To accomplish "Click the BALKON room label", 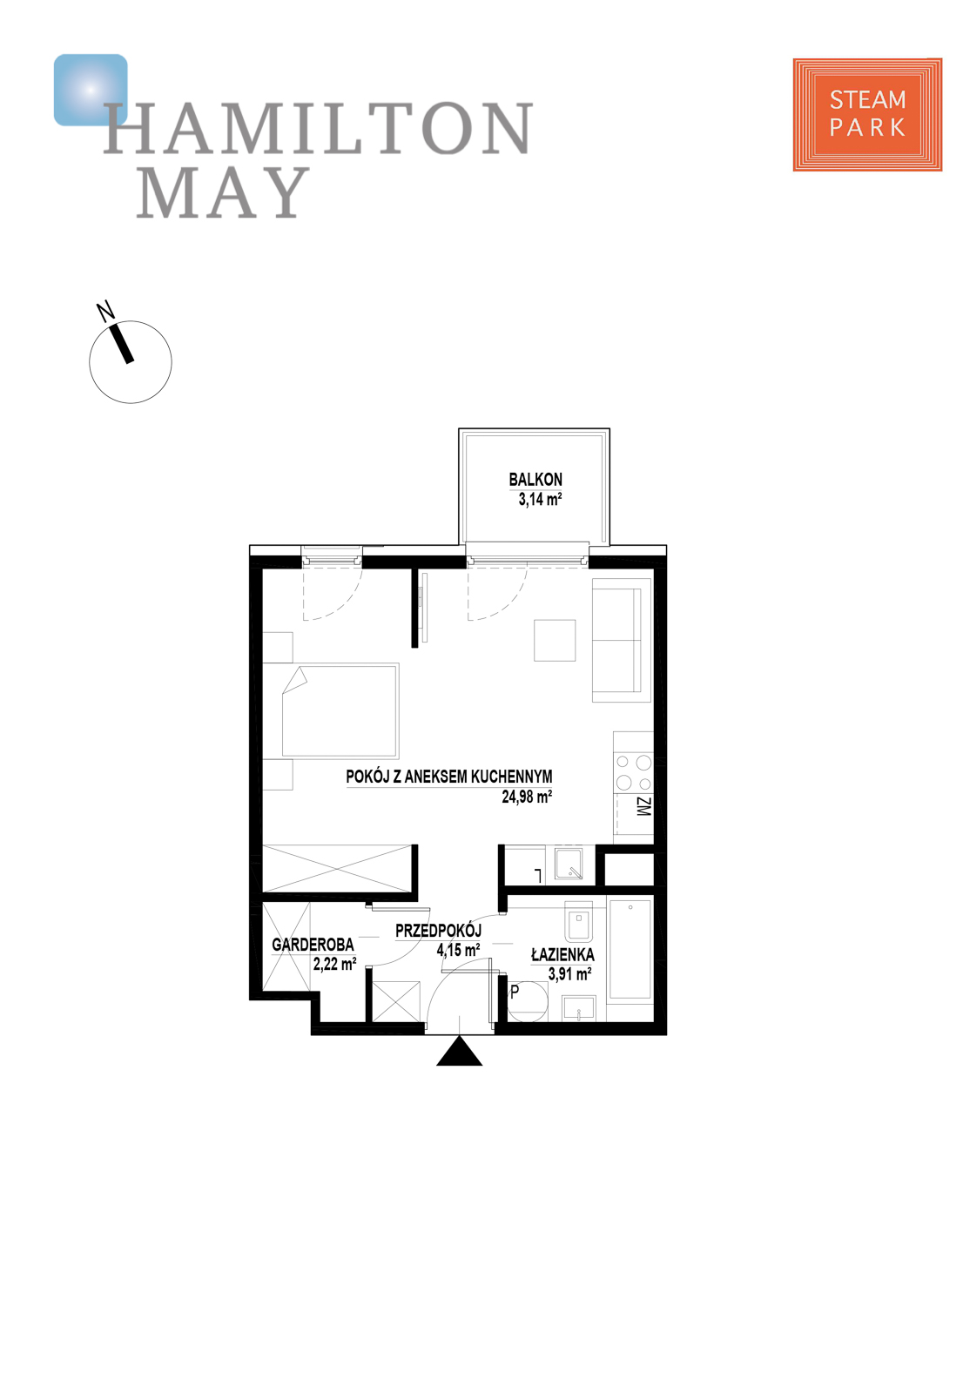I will pos(535,479).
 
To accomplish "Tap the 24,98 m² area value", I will pos(526,796).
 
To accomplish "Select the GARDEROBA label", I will pos(313,945).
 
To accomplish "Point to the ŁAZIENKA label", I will pos(562,954).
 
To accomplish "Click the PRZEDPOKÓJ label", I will pos(438,931).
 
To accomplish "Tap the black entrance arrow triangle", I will pos(459,1052).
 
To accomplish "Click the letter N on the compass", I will pos(105,311).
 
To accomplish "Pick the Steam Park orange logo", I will pos(867,114).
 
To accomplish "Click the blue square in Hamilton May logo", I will pos(90,89).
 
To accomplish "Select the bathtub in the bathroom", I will pos(630,949).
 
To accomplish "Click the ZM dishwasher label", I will pos(643,807).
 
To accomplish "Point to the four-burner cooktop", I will pos(633,772).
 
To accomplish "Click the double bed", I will pos(340,710).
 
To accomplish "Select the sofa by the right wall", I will pos(621,640).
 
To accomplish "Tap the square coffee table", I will pos(555,640).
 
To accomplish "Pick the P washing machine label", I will pos(515,991).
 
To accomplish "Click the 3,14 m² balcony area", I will pos(540,499).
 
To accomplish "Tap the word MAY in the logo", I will pos(223,192).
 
